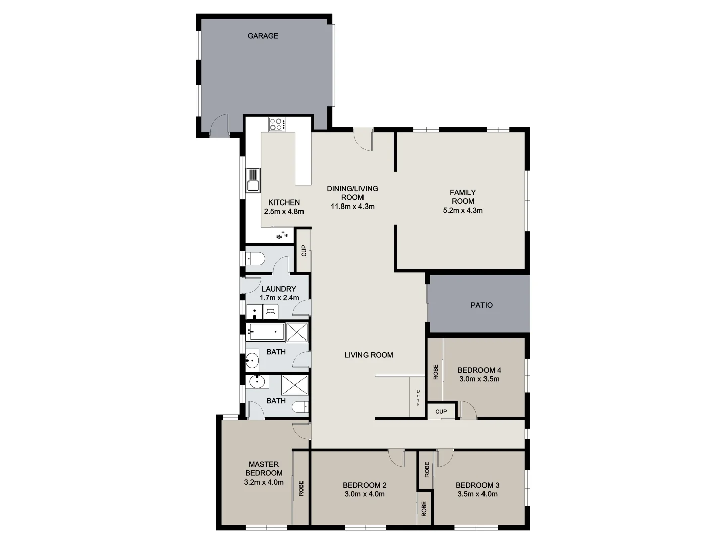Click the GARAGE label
coord(263,36)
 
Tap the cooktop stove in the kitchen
coord(276,124)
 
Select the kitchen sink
coord(253,180)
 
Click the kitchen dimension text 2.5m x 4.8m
coord(284,212)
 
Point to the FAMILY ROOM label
coord(463,196)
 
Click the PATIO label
coord(481,305)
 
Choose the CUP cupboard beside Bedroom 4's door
coord(441,412)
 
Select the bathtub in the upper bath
coord(266,332)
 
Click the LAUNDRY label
coord(279,289)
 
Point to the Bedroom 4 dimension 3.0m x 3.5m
coord(479,379)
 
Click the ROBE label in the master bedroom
coord(301,488)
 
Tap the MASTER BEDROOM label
coord(264,469)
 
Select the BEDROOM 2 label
coord(365,485)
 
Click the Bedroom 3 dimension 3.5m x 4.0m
coord(477,494)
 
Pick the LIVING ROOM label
coord(369,355)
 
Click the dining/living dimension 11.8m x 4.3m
coord(352,206)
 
